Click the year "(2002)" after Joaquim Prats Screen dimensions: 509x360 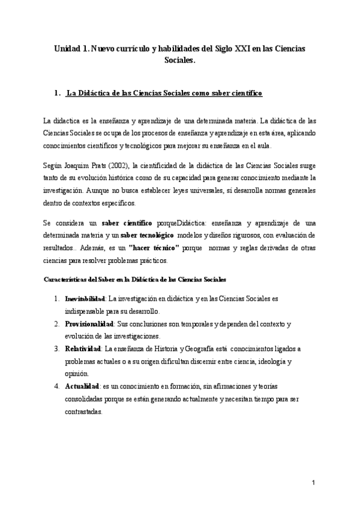(x=107, y=165)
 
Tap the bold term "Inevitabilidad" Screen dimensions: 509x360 (x=85, y=298)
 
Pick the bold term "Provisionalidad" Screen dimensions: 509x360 (x=86, y=324)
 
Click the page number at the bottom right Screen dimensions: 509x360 (x=313, y=483)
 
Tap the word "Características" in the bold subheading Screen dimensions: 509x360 (x=64, y=280)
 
